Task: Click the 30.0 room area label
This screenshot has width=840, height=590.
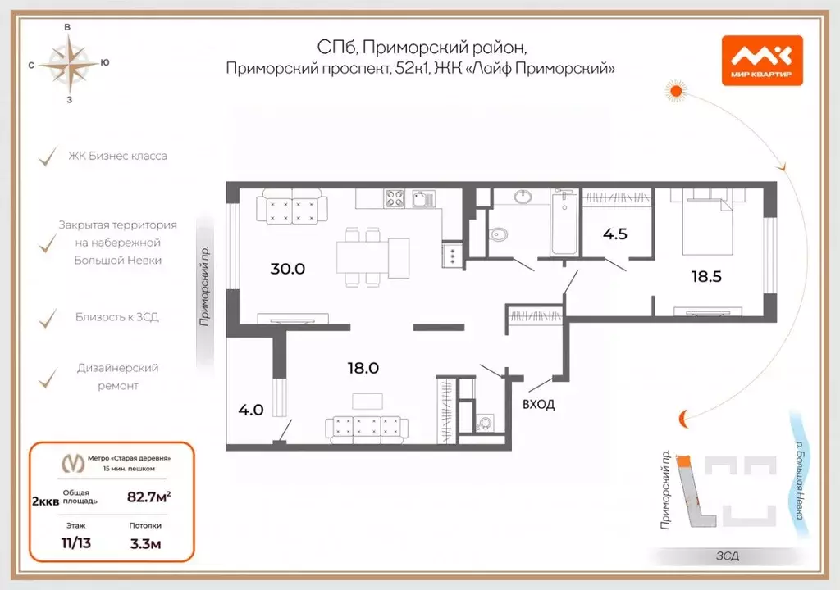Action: [x=288, y=268]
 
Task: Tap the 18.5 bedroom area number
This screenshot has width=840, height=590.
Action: [x=705, y=276]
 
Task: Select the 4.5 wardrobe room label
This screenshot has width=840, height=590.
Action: [x=615, y=233]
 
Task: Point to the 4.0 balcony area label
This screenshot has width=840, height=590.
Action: [x=251, y=409]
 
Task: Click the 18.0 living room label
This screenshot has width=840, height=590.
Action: [x=362, y=369]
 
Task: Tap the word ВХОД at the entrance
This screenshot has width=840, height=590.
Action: [x=538, y=404]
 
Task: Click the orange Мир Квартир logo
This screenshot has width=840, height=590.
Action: [x=761, y=61]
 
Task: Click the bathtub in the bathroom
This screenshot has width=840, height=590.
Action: [x=564, y=222]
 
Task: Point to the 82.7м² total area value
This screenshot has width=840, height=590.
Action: [x=148, y=496]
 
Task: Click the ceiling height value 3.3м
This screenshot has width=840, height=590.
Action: [x=145, y=542]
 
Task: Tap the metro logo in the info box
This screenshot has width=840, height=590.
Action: [x=75, y=463]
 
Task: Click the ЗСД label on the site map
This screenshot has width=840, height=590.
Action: [x=726, y=556]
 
